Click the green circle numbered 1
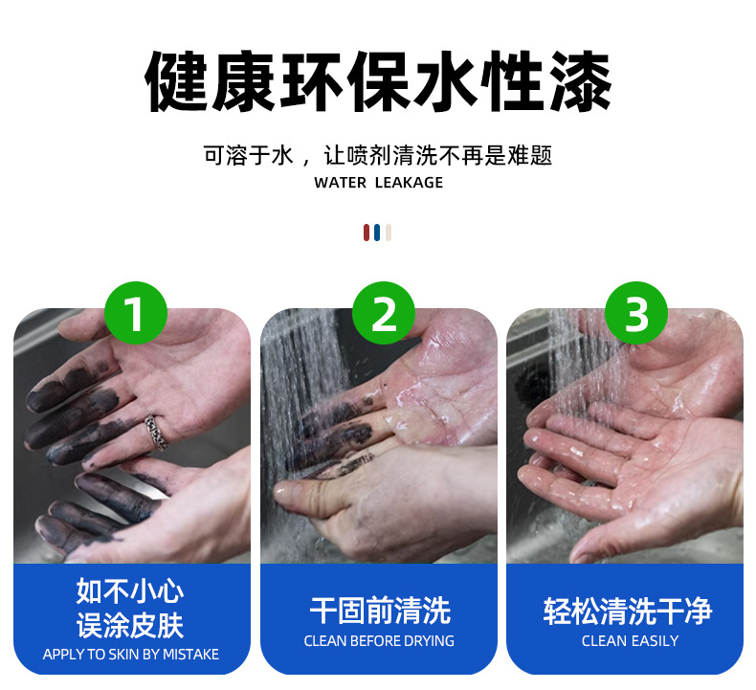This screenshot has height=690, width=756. (136, 313)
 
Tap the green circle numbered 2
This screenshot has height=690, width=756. (384, 313)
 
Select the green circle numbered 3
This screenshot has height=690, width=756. (636, 313)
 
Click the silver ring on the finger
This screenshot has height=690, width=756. (156, 432)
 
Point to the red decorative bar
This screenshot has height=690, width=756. (367, 233)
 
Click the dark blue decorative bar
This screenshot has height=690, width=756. (377, 233)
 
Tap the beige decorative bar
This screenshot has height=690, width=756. (389, 233)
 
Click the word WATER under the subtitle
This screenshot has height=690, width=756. (340, 183)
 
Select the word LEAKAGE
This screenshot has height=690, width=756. (409, 183)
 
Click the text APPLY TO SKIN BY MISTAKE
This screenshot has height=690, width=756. (131, 654)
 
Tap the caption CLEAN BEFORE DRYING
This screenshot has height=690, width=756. (379, 641)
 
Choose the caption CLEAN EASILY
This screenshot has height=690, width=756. (630, 641)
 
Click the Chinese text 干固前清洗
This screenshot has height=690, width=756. (380, 611)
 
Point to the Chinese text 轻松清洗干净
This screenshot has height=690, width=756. (627, 611)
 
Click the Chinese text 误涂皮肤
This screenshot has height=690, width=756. (130, 625)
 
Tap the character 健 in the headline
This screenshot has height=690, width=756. (176, 81)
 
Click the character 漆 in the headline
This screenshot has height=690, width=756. (581, 81)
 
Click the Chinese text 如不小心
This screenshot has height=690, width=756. (130, 590)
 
